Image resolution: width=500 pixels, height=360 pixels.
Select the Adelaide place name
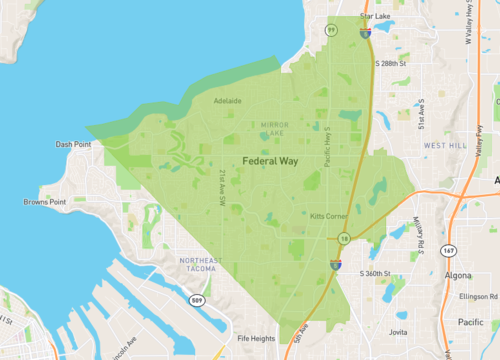[227, 100]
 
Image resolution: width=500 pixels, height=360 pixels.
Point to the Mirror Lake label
[274, 128]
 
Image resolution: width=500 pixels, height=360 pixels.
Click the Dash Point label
[73, 144]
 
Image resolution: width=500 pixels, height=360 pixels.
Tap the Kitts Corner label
[328, 216]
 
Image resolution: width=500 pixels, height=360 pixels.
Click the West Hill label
[445, 145]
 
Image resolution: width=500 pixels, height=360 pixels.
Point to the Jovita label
[398, 331]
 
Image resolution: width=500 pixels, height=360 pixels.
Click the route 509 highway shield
[199, 301]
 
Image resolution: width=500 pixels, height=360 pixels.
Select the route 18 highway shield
[343, 238]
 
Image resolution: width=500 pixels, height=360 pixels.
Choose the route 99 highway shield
[331, 30]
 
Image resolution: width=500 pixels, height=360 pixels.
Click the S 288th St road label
[391, 63]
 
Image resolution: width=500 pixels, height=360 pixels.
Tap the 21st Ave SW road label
[222, 187]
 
